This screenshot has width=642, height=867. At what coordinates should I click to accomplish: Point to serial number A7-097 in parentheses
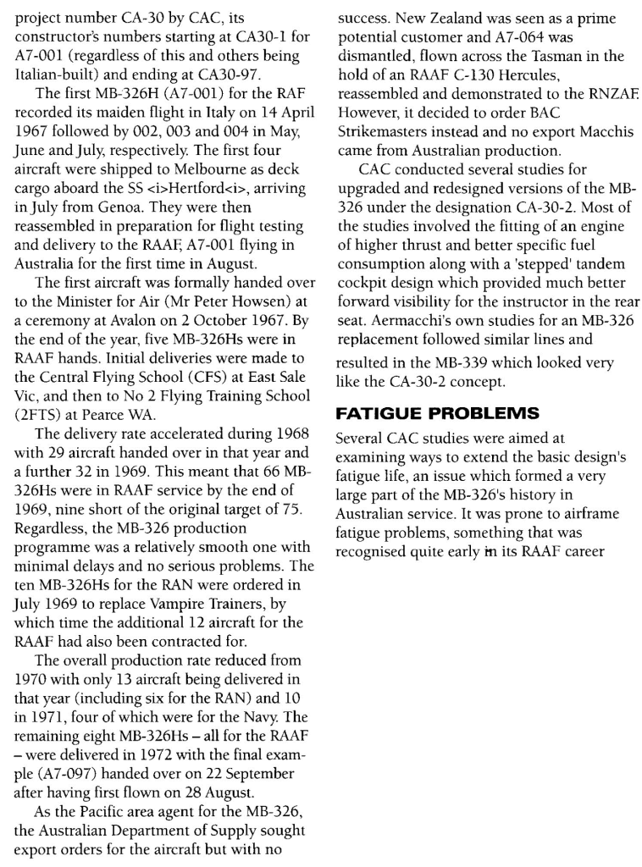click(67, 760)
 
